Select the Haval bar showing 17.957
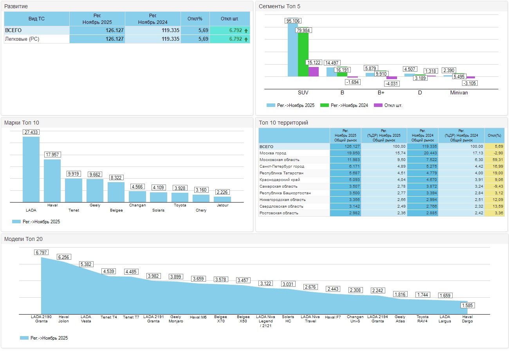(52, 180)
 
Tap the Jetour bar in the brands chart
(222, 199)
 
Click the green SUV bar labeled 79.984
(303, 54)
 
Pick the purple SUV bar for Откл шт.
(313, 72)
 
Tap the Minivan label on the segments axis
(459, 93)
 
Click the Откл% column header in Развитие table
(195, 19)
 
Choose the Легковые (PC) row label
(22, 39)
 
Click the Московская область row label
(280, 160)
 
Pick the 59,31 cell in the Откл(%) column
(495, 160)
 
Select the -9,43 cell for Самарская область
(495, 186)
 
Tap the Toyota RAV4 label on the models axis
(422, 319)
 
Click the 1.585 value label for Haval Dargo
(467, 306)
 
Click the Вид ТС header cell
(36, 19)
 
